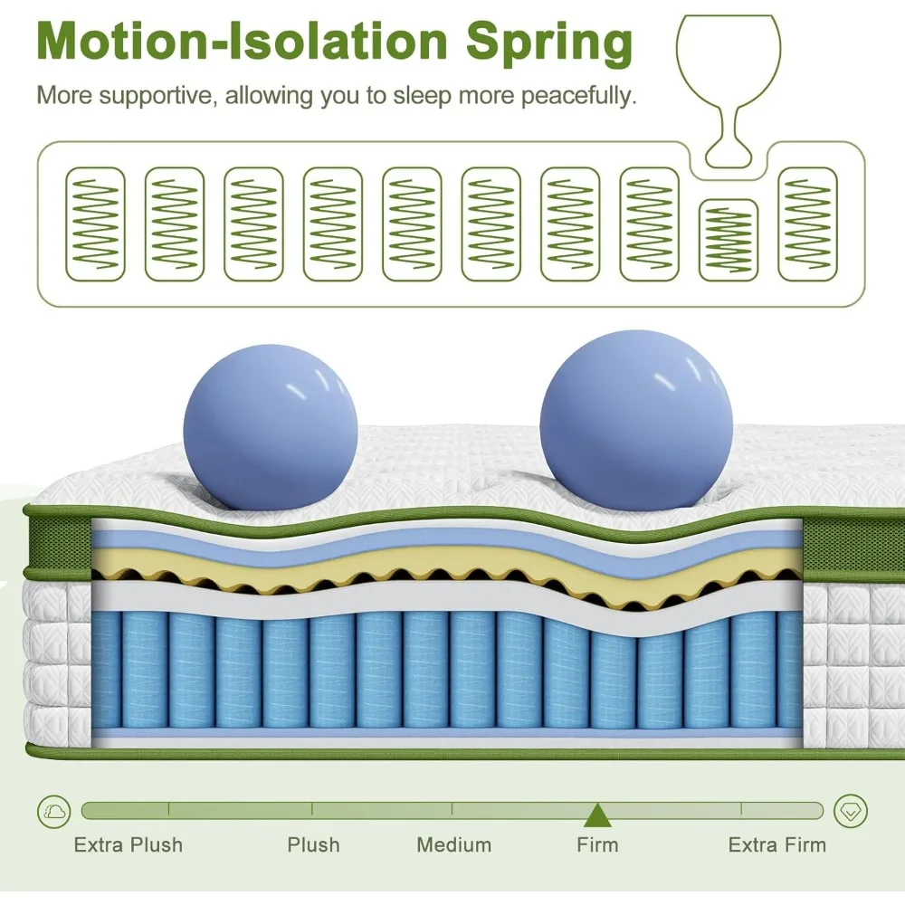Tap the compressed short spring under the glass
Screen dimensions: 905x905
pos(729,240)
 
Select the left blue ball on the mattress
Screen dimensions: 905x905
pos(270,425)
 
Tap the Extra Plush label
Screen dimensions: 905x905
pos(129,845)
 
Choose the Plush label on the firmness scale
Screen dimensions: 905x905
pos(313,845)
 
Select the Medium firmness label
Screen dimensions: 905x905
pos(454,845)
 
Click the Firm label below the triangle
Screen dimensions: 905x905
pos(597,845)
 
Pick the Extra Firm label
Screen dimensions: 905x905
pos(777,845)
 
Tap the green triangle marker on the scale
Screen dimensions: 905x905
pos(595,815)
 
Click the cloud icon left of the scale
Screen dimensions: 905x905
pos(53,810)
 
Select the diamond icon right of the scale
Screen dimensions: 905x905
pos(850,810)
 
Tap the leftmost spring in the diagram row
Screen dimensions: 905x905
pos(95,224)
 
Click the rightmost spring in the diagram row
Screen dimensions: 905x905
pos(807,224)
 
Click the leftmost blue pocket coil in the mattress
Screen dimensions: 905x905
pos(106,670)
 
